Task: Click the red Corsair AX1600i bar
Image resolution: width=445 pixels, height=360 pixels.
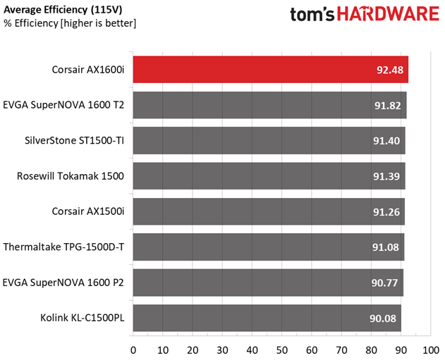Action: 268,70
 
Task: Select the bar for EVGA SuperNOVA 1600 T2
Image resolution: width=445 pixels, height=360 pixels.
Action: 268,105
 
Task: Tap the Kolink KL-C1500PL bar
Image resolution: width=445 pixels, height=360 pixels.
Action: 267,318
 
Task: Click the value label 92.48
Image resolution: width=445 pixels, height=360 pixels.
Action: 390,70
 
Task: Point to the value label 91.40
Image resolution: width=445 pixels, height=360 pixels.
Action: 387,141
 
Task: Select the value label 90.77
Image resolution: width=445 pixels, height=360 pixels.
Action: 386,283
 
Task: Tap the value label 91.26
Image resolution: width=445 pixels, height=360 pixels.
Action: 387,211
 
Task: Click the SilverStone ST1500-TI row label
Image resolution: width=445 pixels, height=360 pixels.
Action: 74,140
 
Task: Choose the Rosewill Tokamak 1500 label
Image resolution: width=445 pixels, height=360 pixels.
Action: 71,175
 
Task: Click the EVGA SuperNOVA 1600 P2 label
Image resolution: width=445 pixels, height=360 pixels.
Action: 63,282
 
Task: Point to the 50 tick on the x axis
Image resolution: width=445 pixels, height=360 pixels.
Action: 281,349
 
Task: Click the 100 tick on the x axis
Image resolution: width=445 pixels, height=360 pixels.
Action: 429,349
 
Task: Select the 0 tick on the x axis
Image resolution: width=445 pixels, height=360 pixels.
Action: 133,349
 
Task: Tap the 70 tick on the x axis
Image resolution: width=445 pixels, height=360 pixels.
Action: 341,349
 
